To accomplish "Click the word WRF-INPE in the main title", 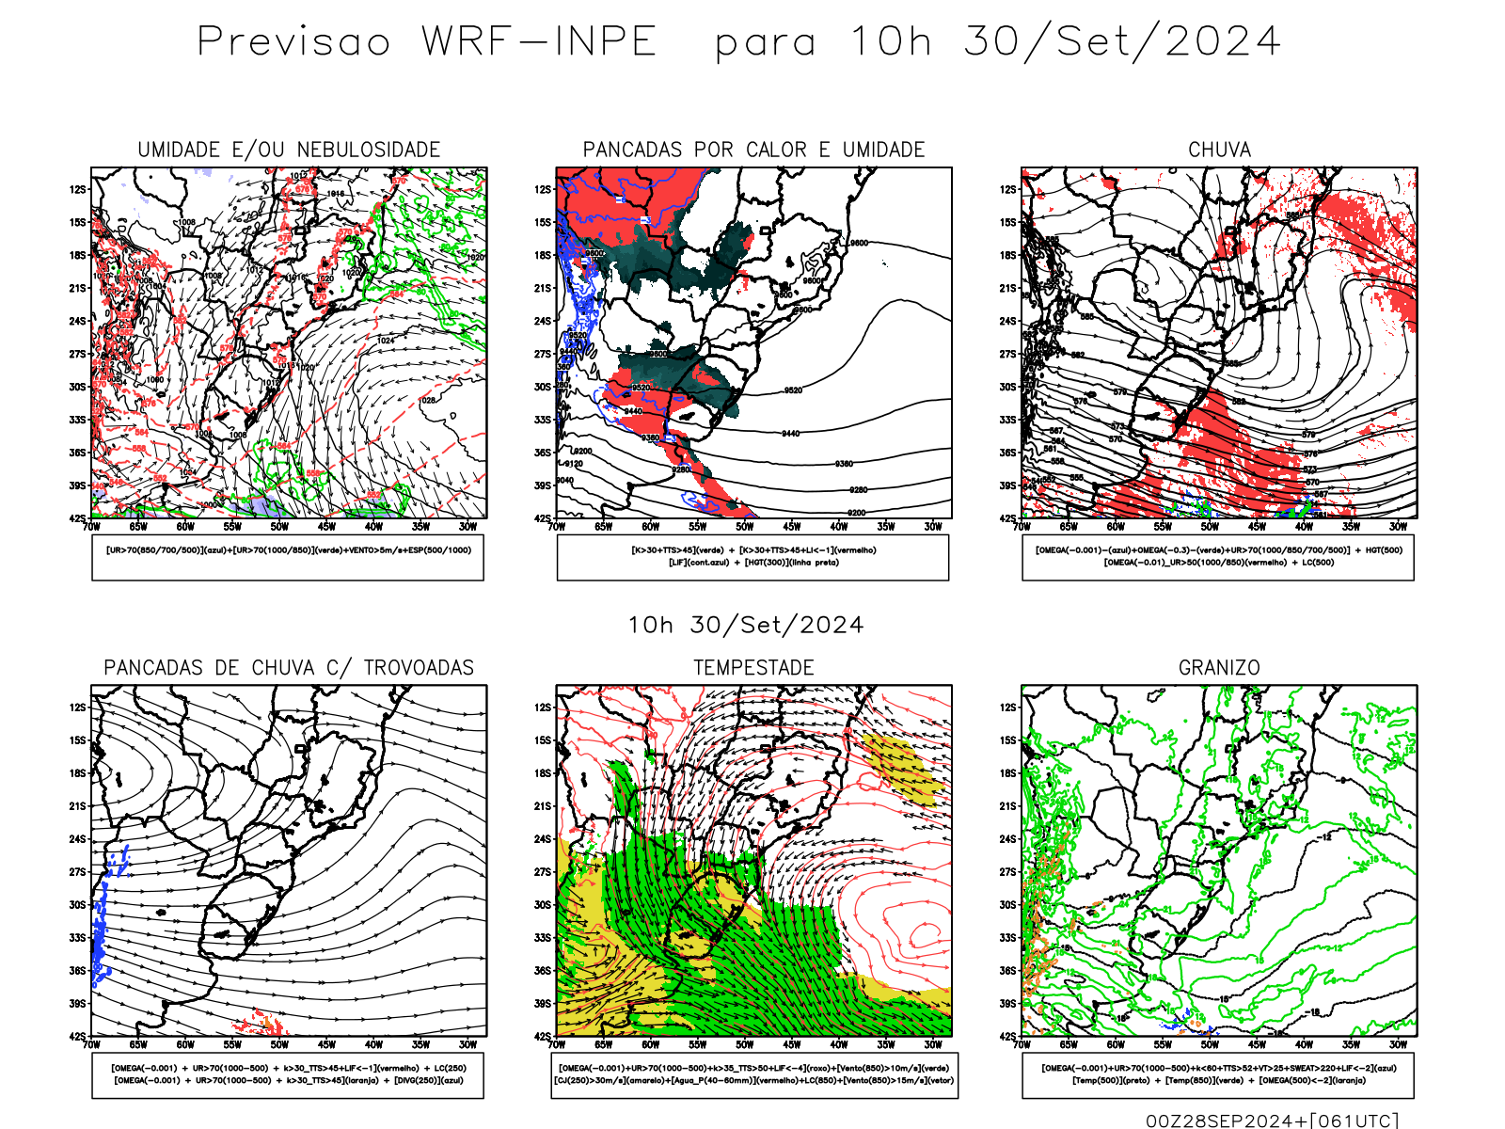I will tap(539, 42).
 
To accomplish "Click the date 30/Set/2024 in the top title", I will tap(1122, 42).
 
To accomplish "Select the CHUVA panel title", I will tap(1219, 150).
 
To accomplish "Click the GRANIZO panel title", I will tap(1219, 668).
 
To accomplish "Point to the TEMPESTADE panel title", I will tap(753, 668).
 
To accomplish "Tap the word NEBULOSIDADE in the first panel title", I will tap(369, 150).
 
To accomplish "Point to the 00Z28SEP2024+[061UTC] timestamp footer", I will tap(1272, 1121).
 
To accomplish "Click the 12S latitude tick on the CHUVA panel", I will tap(1008, 190).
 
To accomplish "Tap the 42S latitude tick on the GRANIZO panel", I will tap(1008, 1037).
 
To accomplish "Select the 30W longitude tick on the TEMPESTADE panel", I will tap(932, 1044).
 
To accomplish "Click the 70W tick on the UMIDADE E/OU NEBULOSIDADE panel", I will tap(91, 527).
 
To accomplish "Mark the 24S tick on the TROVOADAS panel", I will tap(77, 839).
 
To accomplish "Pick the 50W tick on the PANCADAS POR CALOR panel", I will tap(744, 527).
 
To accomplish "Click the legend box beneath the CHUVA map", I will tap(1218, 557).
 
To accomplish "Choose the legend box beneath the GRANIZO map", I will tap(1218, 1074).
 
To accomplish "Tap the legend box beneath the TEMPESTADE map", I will tap(753, 1074).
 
